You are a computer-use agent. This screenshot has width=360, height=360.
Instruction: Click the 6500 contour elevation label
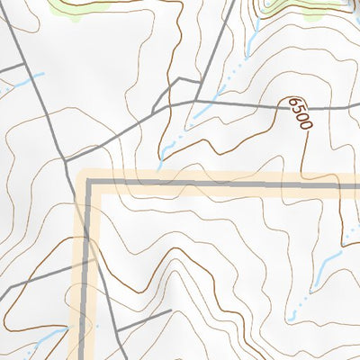coord(300,112)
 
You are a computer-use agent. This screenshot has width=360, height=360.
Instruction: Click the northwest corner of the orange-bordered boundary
coord(89,183)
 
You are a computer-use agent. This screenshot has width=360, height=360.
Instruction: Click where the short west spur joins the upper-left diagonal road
coord(25,64)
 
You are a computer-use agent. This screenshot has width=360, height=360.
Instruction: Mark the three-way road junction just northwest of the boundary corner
coord(67,159)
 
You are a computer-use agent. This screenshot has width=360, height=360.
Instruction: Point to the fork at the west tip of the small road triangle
coord(155,110)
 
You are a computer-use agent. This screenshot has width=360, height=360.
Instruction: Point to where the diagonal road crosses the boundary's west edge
coord(88,261)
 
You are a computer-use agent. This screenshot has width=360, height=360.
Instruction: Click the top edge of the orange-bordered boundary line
coord(225,183)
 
